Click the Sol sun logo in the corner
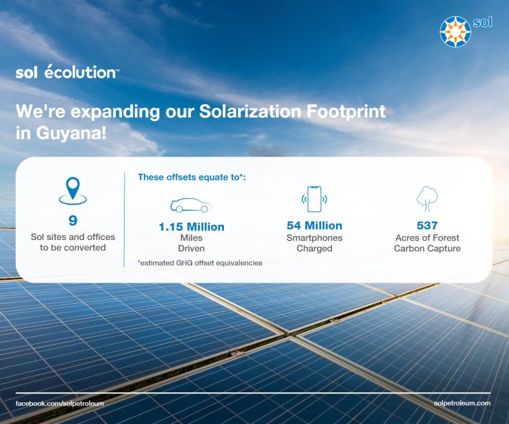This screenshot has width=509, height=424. (455, 32)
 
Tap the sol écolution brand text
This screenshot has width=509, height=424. (67, 72)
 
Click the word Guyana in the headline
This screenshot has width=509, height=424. (71, 133)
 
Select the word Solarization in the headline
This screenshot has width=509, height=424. (250, 111)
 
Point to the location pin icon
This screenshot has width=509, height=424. (73, 191)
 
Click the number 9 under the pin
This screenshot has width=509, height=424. (73, 221)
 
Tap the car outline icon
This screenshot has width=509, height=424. (192, 205)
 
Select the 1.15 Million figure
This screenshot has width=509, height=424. (192, 227)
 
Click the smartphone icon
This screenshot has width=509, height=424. (314, 199)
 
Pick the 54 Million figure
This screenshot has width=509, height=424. (314, 225)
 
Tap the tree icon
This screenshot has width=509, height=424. (427, 199)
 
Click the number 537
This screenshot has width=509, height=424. (427, 225)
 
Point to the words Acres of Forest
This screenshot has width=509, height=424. (427, 238)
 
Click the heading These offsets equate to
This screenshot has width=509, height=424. (192, 178)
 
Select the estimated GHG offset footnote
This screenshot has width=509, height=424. (200, 263)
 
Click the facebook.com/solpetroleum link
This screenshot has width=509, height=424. (60, 404)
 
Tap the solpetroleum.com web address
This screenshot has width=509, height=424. (462, 403)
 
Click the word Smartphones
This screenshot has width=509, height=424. (314, 238)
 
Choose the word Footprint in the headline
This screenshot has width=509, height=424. (346, 112)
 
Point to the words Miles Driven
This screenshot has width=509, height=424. (192, 243)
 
